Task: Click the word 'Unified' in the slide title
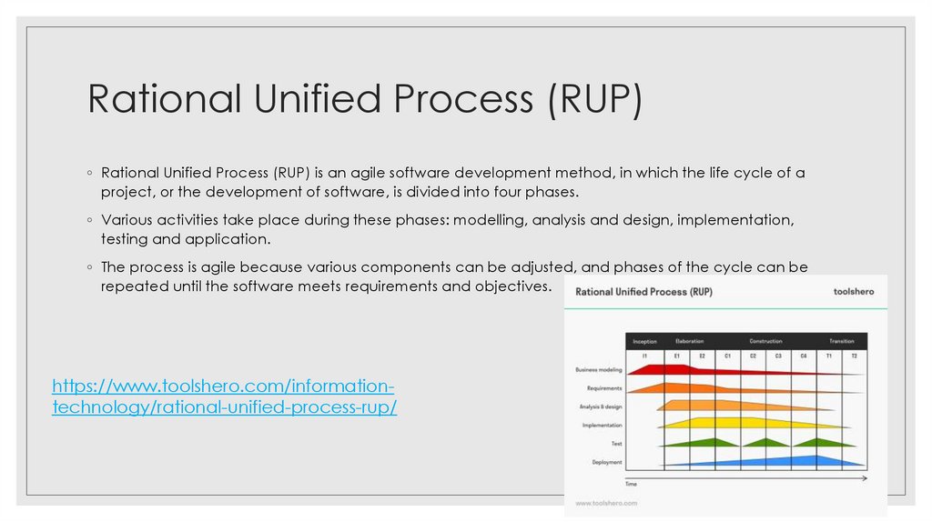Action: click(310, 98)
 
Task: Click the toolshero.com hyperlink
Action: click(224, 397)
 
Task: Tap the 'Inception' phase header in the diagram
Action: click(644, 341)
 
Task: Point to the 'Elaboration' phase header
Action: click(690, 341)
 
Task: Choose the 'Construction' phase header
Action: click(765, 341)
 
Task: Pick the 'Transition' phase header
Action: click(841, 341)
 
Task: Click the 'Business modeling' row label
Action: click(598, 370)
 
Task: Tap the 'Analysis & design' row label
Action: click(601, 407)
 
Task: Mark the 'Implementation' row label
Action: click(602, 425)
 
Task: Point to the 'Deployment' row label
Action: click(607, 462)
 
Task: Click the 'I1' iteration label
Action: click(644, 356)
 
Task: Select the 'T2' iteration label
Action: click(854, 356)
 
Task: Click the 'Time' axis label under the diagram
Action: click(631, 484)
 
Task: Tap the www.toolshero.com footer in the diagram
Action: click(606, 502)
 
